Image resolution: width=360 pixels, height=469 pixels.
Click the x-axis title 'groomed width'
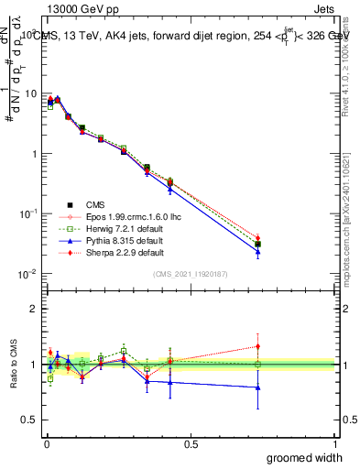[x=304, y=457]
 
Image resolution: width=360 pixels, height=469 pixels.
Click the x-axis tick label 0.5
[x=191, y=443]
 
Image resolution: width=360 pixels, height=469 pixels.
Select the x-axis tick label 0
[x=46, y=443]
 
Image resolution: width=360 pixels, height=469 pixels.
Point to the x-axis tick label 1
[x=334, y=443]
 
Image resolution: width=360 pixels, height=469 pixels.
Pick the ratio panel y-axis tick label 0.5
[x=30, y=420]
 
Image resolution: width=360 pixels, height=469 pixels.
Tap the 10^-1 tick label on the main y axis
[x=28, y=213]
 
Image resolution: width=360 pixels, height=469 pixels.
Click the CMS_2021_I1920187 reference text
[x=190, y=273]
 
